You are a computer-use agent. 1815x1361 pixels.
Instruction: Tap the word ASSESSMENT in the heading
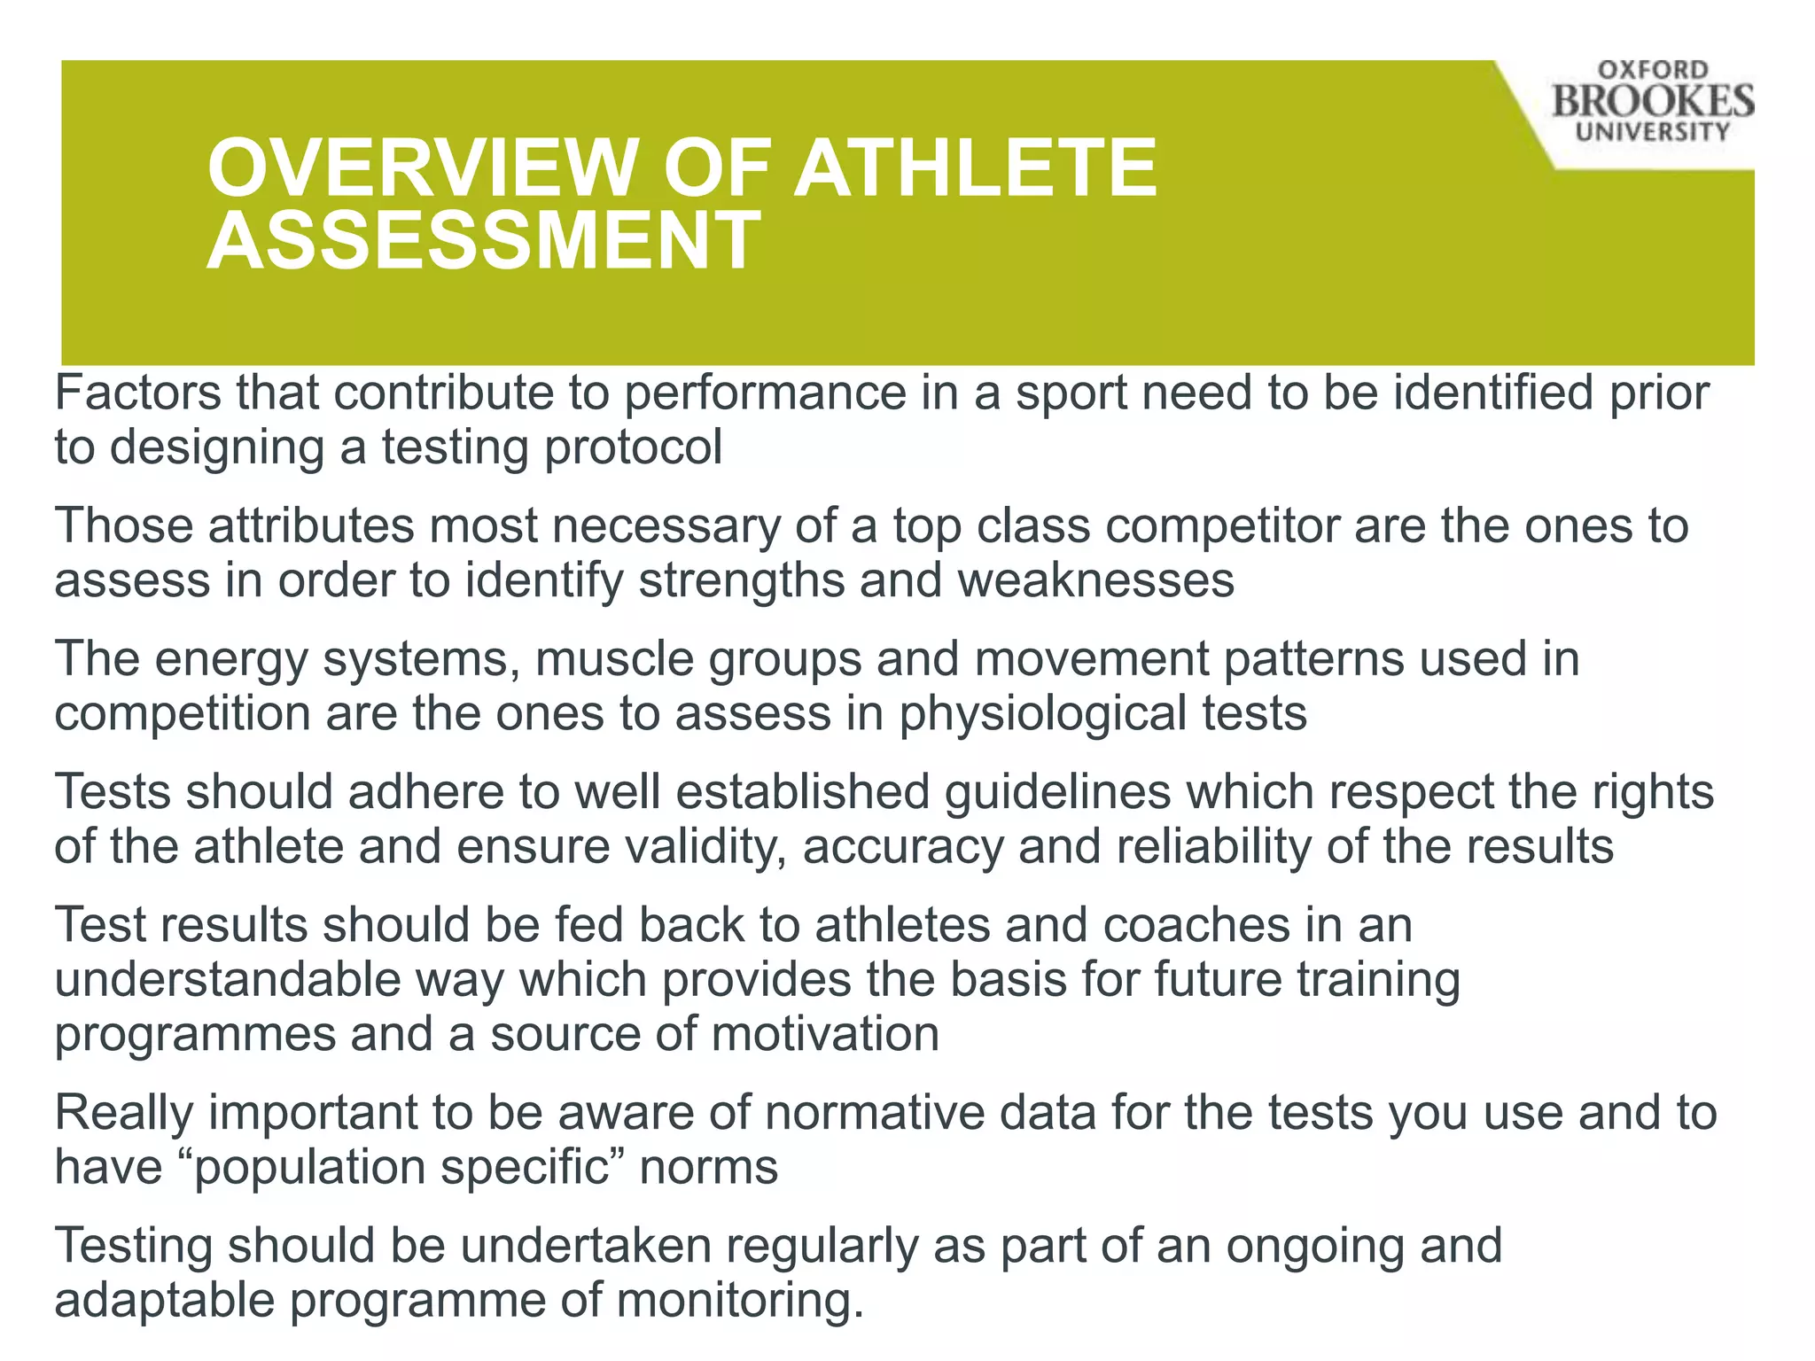coord(484,241)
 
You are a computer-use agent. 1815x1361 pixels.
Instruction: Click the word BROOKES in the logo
coord(1652,101)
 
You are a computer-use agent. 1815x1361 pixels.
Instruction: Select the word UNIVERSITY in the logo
coord(1653,132)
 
